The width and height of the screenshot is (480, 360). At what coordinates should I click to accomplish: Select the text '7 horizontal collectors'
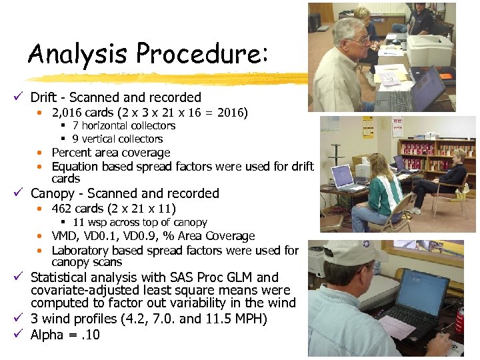tap(123, 125)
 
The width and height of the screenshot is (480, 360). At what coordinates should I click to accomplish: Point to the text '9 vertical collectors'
tap(117, 139)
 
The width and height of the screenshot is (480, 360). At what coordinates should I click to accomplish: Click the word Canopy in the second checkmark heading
tap(53, 193)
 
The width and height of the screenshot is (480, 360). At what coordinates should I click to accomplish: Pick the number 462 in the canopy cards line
tap(61, 209)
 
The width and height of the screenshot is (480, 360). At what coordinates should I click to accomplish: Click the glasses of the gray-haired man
tap(360, 40)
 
